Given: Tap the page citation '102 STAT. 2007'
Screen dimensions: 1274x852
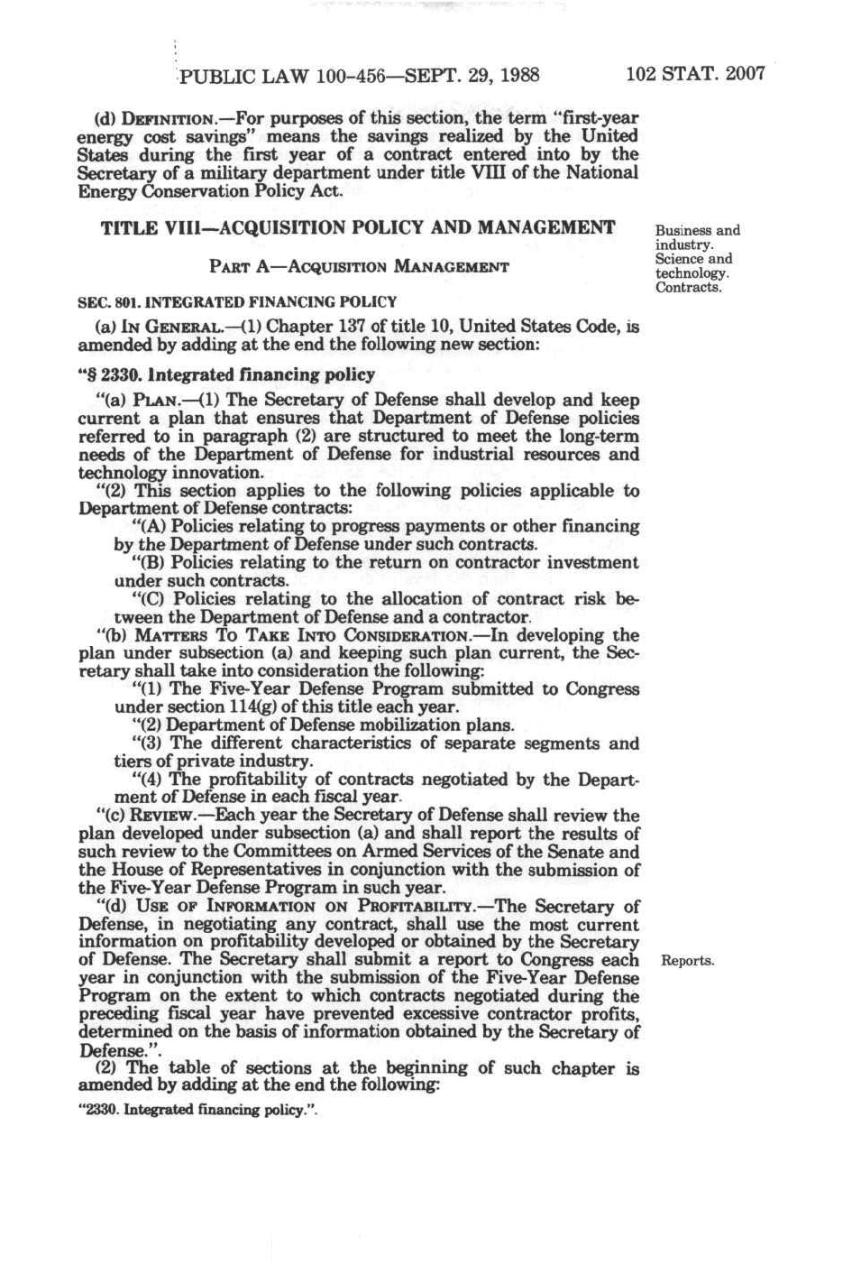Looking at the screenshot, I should [694, 73].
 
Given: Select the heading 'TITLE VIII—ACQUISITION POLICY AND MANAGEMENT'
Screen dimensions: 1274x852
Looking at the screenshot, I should [358, 227].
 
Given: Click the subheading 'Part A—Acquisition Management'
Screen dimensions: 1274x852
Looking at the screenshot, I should [358, 266].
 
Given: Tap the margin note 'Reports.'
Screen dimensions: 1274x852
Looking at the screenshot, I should [688, 960].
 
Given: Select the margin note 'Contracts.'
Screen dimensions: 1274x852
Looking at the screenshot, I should [688, 288].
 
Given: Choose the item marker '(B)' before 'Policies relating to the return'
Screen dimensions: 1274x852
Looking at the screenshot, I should [147, 563].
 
